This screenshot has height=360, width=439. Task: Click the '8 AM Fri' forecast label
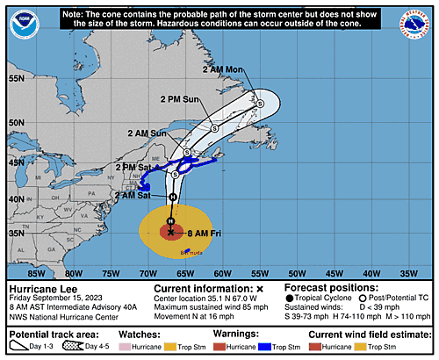coord(206,232)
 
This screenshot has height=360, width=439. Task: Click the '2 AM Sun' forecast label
coord(146,133)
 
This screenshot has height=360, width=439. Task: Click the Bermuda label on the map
coord(203,250)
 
